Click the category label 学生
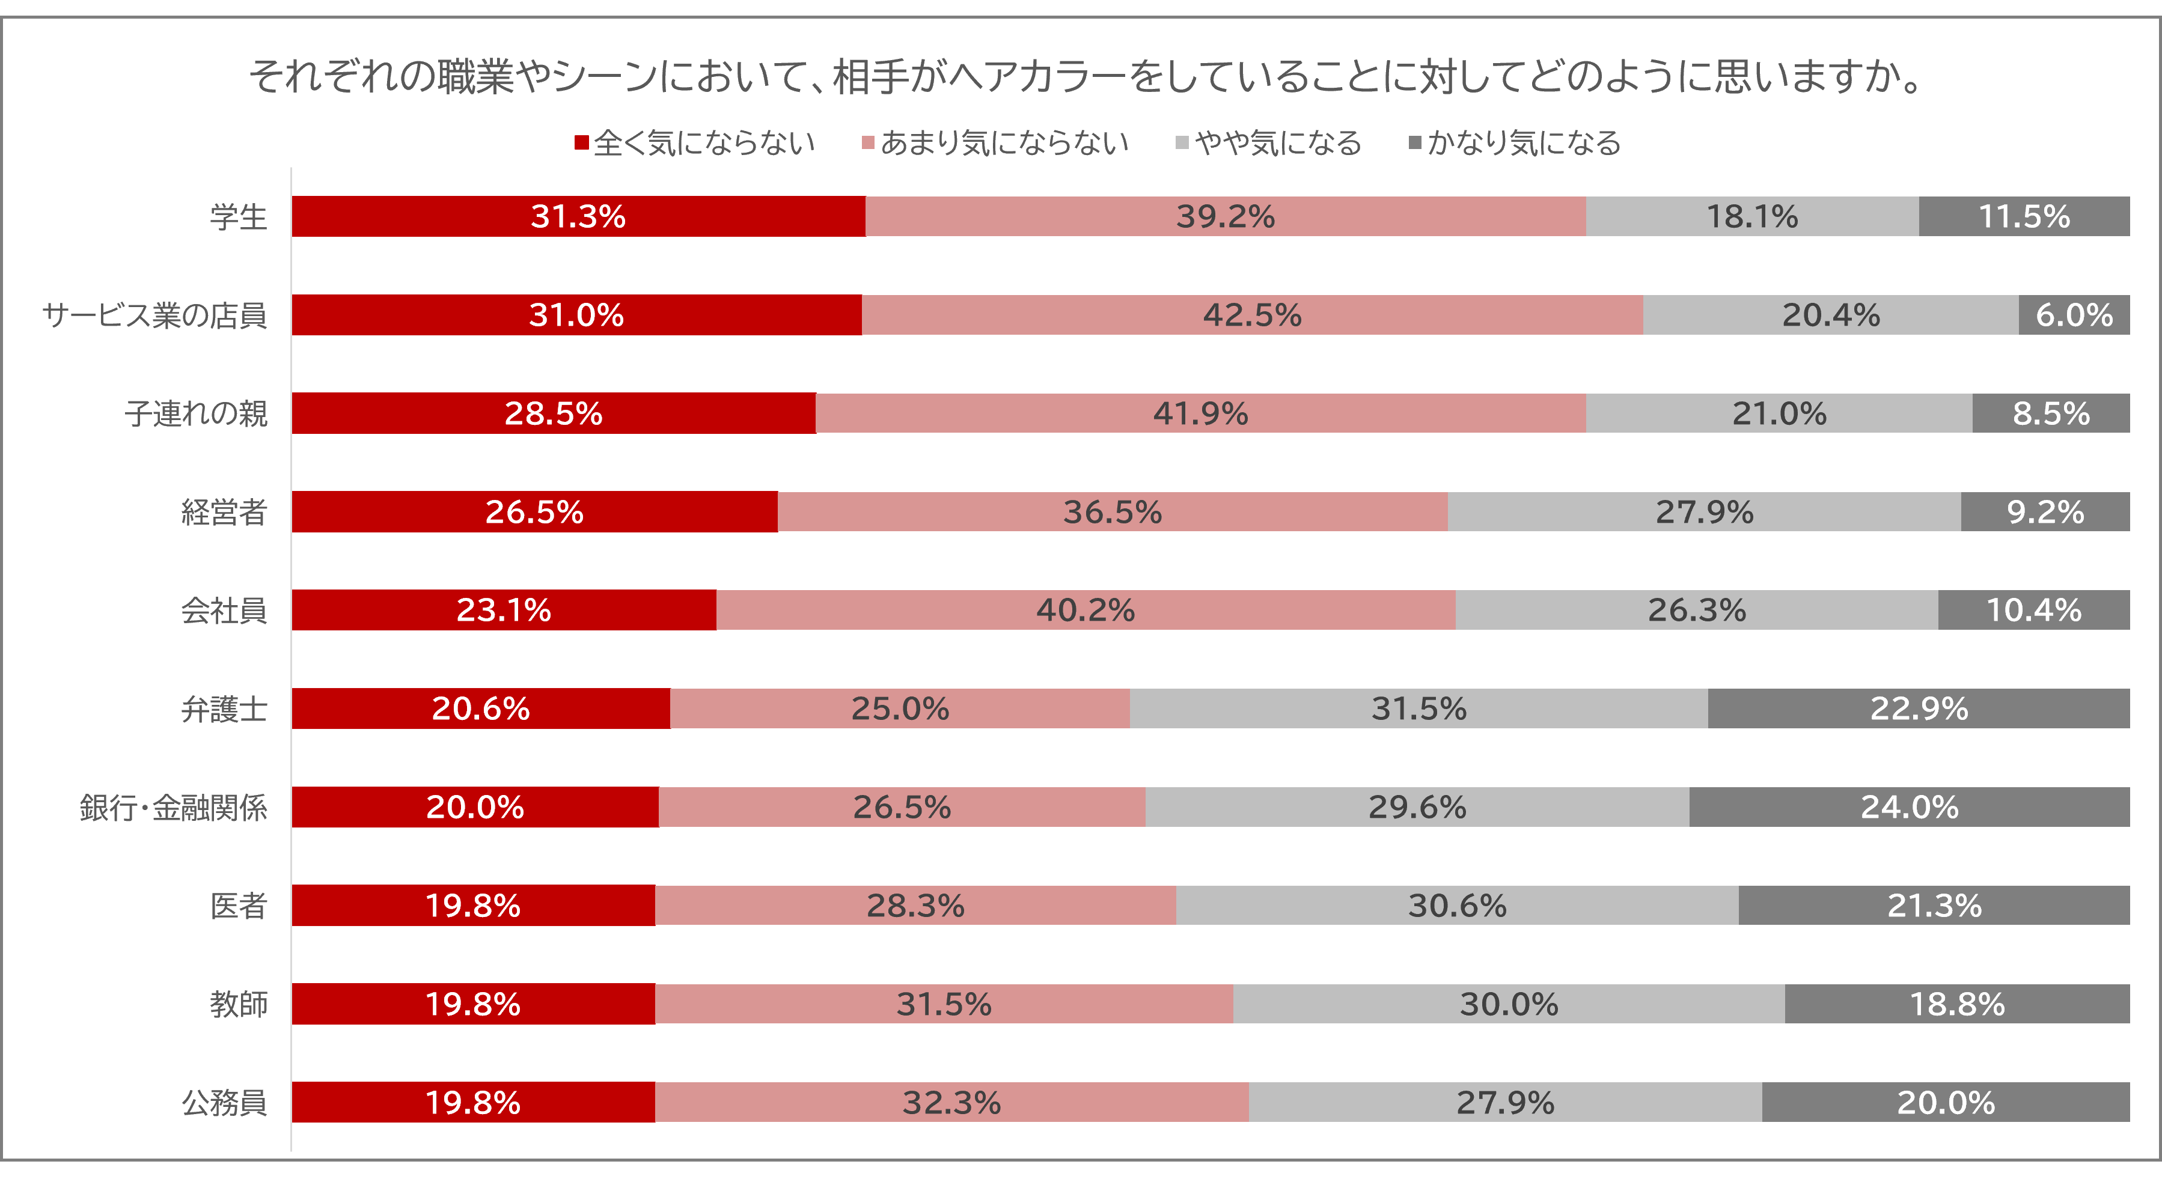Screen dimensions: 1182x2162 click(x=239, y=218)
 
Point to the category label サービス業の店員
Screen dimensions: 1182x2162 click(x=154, y=315)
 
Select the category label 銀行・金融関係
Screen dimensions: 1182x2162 click(x=174, y=808)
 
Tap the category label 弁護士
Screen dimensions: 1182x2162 click(x=224, y=710)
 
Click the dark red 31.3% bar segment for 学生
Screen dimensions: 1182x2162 click(x=578, y=218)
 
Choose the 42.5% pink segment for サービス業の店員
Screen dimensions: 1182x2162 click(x=1251, y=315)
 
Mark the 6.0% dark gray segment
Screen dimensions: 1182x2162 click(x=2074, y=315)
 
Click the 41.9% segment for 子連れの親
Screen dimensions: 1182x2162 click(x=1200, y=413)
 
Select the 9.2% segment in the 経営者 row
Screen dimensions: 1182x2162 click(x=2045, y=512)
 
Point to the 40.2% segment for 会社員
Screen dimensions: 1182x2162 click(x=1085, y=610)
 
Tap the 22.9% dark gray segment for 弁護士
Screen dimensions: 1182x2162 click(x=1919, y=709)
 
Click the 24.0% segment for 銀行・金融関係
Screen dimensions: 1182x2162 click(x=1910, y=807)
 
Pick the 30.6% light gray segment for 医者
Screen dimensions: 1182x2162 click(x=1457, y=906)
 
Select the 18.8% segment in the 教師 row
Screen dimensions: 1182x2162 click(x=1957, y=1004)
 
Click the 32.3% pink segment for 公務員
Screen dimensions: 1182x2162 click(x=951, y=1102)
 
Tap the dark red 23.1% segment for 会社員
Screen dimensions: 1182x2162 click(x=504, y=610)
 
